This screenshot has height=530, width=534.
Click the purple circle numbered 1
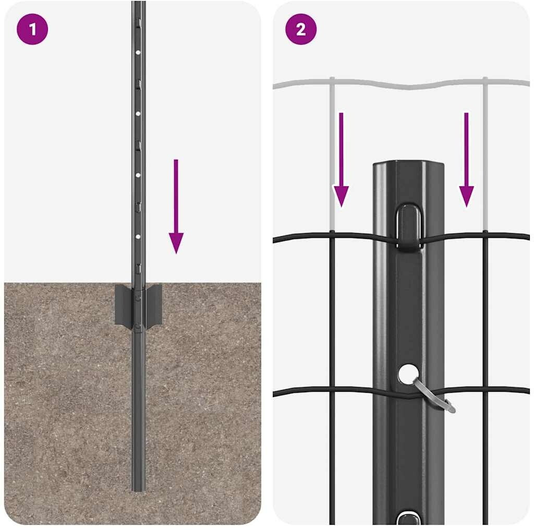tap(32, 29)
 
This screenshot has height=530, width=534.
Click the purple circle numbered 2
tap(301, 29)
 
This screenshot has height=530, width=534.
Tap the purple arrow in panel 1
tap(176, 206)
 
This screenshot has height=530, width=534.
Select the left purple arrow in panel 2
tap(341, 160)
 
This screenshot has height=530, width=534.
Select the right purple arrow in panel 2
tap(467, 160)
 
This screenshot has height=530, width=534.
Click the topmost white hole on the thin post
tap(138, 53)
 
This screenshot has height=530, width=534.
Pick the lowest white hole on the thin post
tap(138, 236)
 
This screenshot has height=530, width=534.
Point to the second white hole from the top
tap(138, 114)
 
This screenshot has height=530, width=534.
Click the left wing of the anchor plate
tap(123, 305)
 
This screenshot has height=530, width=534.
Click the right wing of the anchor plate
tap(153, 304)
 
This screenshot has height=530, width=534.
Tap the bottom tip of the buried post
tap(139, 490)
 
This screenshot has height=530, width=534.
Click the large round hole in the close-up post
tap(408, 374)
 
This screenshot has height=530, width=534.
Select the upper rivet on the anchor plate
tap(138, 298)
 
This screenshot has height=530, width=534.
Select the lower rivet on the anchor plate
tap(138, 327)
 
